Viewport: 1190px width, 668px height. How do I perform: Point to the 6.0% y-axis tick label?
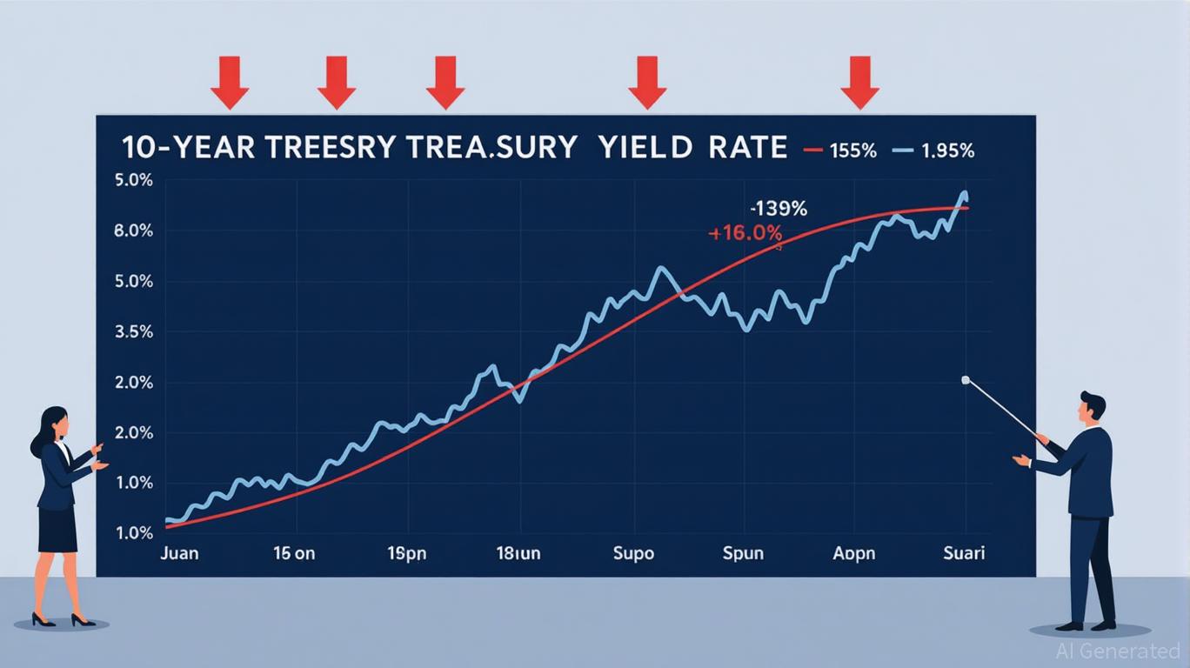click(133, 231)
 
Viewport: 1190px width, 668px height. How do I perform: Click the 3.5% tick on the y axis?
click(133, 332)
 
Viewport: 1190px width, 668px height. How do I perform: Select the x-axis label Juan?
click(179, 554)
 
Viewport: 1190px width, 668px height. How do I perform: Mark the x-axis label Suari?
click(964, 554)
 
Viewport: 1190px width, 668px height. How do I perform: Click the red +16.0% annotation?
click(746, 233)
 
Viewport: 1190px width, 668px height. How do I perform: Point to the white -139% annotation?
click(779, 210)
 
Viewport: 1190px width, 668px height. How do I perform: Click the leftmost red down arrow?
click(230, 83)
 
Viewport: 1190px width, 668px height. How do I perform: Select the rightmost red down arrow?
click(859, 83)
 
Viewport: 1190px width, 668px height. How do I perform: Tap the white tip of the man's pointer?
click(965, 380)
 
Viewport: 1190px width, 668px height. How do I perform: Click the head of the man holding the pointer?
click(1091, 407)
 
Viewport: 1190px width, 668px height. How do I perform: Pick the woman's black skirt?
click(57, 529)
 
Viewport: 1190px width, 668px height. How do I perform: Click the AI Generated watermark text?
click(1117, 651)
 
